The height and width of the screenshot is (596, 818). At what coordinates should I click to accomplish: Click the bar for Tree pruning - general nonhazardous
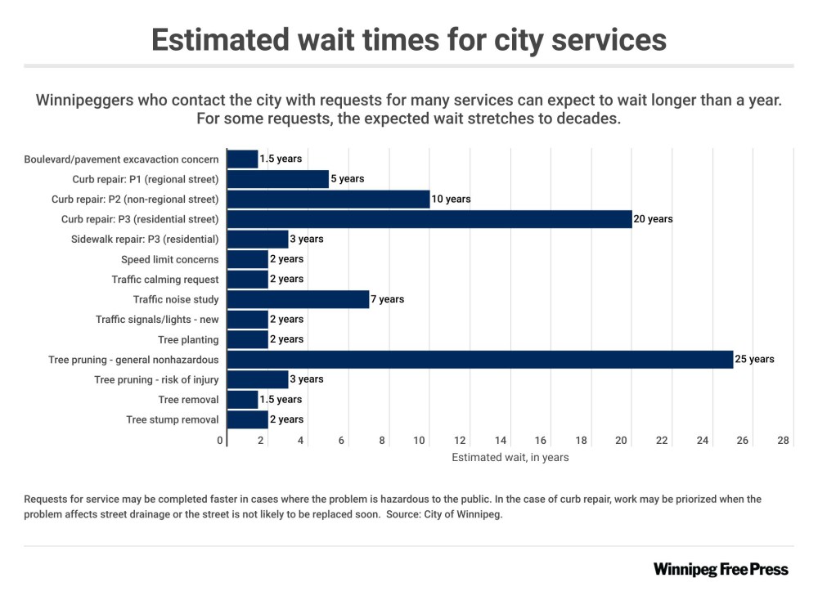[x=479, y=359]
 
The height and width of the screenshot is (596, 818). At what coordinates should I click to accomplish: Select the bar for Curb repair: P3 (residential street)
[x=429, y=219]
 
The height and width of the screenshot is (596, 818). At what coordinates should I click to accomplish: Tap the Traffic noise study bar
[x=298, y=299]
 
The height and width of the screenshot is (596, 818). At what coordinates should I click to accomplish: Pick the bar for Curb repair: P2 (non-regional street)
[x=328, y=199]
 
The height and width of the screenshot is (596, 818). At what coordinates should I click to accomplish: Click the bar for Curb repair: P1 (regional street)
[x=277, y=179]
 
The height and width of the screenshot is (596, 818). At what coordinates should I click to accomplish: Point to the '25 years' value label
[x=754, y=359]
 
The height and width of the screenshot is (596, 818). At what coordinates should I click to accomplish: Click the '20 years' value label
[x=653, y=219]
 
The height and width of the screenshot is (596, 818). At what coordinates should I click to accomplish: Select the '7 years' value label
[x=388, y=299]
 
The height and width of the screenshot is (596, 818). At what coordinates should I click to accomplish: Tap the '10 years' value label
[x=451, y=199]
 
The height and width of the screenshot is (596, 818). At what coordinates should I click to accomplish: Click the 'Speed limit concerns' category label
[x=170, y=259]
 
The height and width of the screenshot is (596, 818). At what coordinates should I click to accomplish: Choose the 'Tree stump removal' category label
[x=173, y=419]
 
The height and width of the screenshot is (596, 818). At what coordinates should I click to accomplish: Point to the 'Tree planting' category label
[x=188, y=339]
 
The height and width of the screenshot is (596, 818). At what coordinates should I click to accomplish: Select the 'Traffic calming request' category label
[x=165, y=280]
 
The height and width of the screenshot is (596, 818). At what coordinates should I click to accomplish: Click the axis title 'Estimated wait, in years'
[x=510, y=458]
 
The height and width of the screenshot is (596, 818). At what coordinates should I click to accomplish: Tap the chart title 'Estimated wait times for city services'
[x=408, y=39]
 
